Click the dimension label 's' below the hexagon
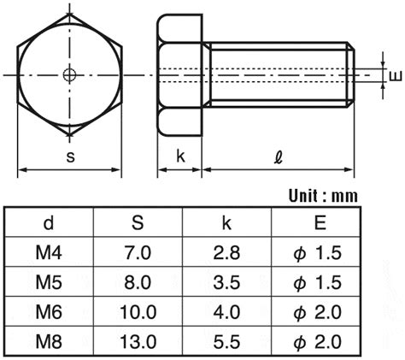[x=70, y=156]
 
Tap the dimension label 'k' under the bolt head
[x=180, y=156]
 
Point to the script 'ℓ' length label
[x=279, y=156]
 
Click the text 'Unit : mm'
[x=323, y=196]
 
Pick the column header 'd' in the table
[x=49, y=222]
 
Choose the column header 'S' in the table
[x=138, y=222]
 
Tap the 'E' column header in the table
[x=320, y=222]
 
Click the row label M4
[x=49, y=252]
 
